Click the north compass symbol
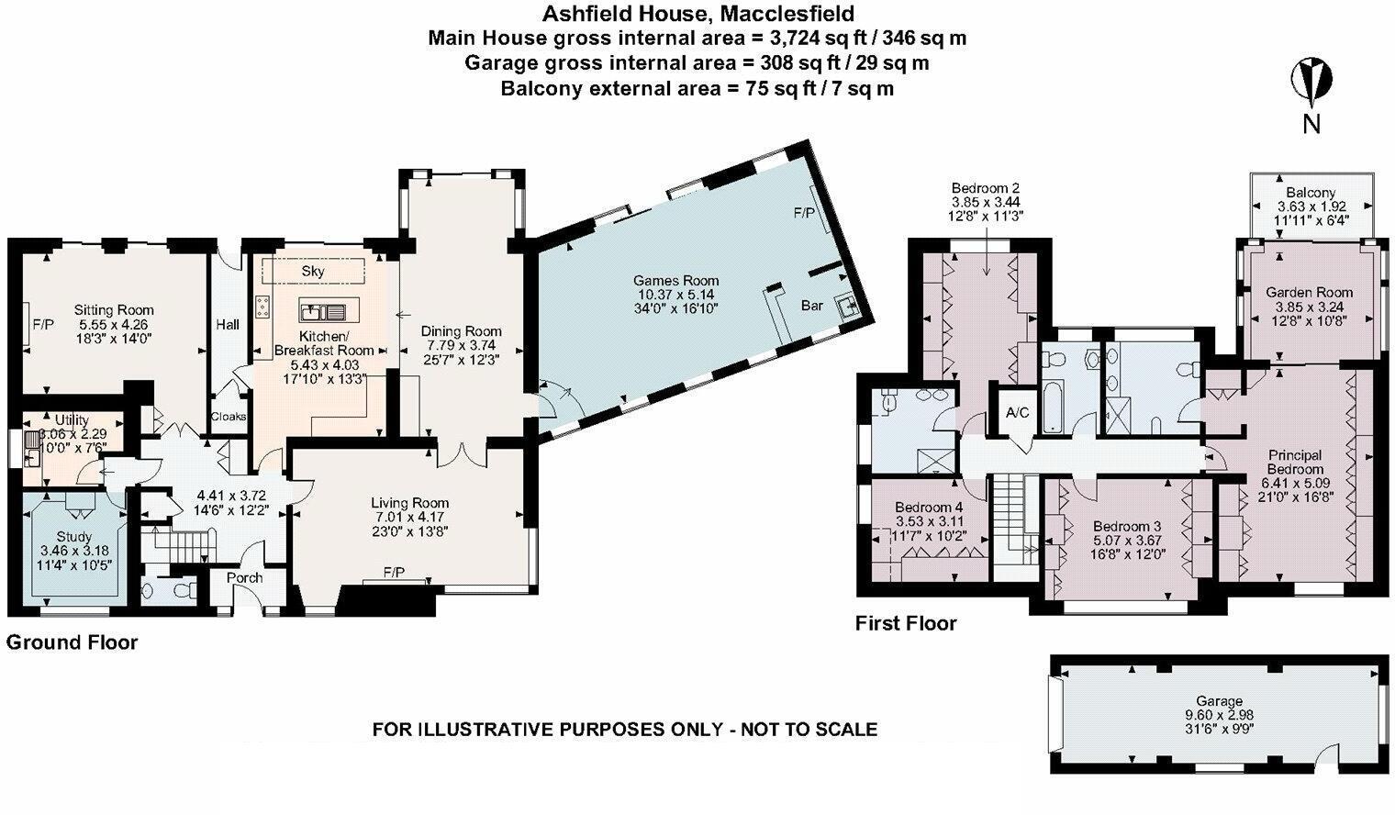point(1311,82)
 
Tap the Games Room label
point(675,281)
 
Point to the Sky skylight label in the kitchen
point(313,272)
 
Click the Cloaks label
point(229,417)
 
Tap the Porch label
point(244,577)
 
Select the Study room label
point(73,536)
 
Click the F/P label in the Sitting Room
point(43,324)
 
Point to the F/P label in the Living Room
point(394,573)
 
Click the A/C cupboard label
point(1017,413)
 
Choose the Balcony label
point(1311,193)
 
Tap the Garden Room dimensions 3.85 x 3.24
point(1309,307)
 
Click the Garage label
point(1219,700)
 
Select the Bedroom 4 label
point(929,508)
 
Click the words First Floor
point(906,623)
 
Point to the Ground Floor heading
point(72,642)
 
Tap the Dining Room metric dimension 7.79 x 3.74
point(461,345)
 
